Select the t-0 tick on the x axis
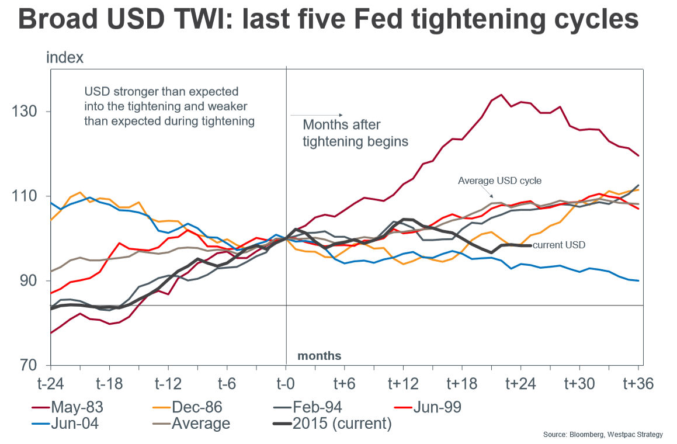(x=286, y=384)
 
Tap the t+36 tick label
(x=638, y=384)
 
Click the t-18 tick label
(x=109, y=384)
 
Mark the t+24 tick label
(x=520, y=384)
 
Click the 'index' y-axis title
(x=65, y=58)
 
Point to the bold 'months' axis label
(x=320, y=356)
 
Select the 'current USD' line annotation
(x=558, y=245)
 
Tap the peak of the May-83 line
(x=501, y=95)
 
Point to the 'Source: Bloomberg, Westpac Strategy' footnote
(x=603, y=434)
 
